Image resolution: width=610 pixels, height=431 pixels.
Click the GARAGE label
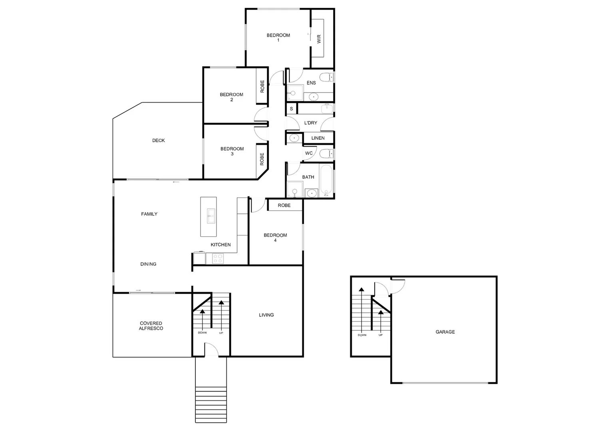click(x=445, y=332)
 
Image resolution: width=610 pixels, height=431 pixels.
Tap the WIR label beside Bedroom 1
click(x=319, y=39)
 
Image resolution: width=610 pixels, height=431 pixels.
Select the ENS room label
click(x=311, y=83)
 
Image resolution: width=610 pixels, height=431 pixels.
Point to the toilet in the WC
click(x=326, y=153)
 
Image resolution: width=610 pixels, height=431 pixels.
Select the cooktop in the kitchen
click(x=218, y=258)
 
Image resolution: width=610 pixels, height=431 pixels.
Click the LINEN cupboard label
click(x=318, y=138)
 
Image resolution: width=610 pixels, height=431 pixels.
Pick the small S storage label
click(x=291, y=109)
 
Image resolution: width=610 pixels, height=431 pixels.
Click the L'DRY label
click(x=310, y=123)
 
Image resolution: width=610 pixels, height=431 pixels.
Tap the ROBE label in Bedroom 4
click(x=284, y=206)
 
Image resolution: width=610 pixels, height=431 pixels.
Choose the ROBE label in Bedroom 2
click(x=262, y=86)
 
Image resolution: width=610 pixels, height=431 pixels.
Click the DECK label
click(x=159, y=140)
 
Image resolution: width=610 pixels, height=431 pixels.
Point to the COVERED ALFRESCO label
click(x=151, y=326)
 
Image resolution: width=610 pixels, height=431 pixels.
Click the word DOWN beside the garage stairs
click(x=362, y=335)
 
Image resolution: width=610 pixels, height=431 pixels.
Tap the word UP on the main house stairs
click(x=221, y=333)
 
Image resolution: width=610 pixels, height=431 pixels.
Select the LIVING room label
click(x=266, y=315)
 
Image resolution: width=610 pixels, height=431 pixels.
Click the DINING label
click(x=148, y=264)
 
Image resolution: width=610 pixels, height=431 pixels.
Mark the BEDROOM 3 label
click(x=232, y=151)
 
